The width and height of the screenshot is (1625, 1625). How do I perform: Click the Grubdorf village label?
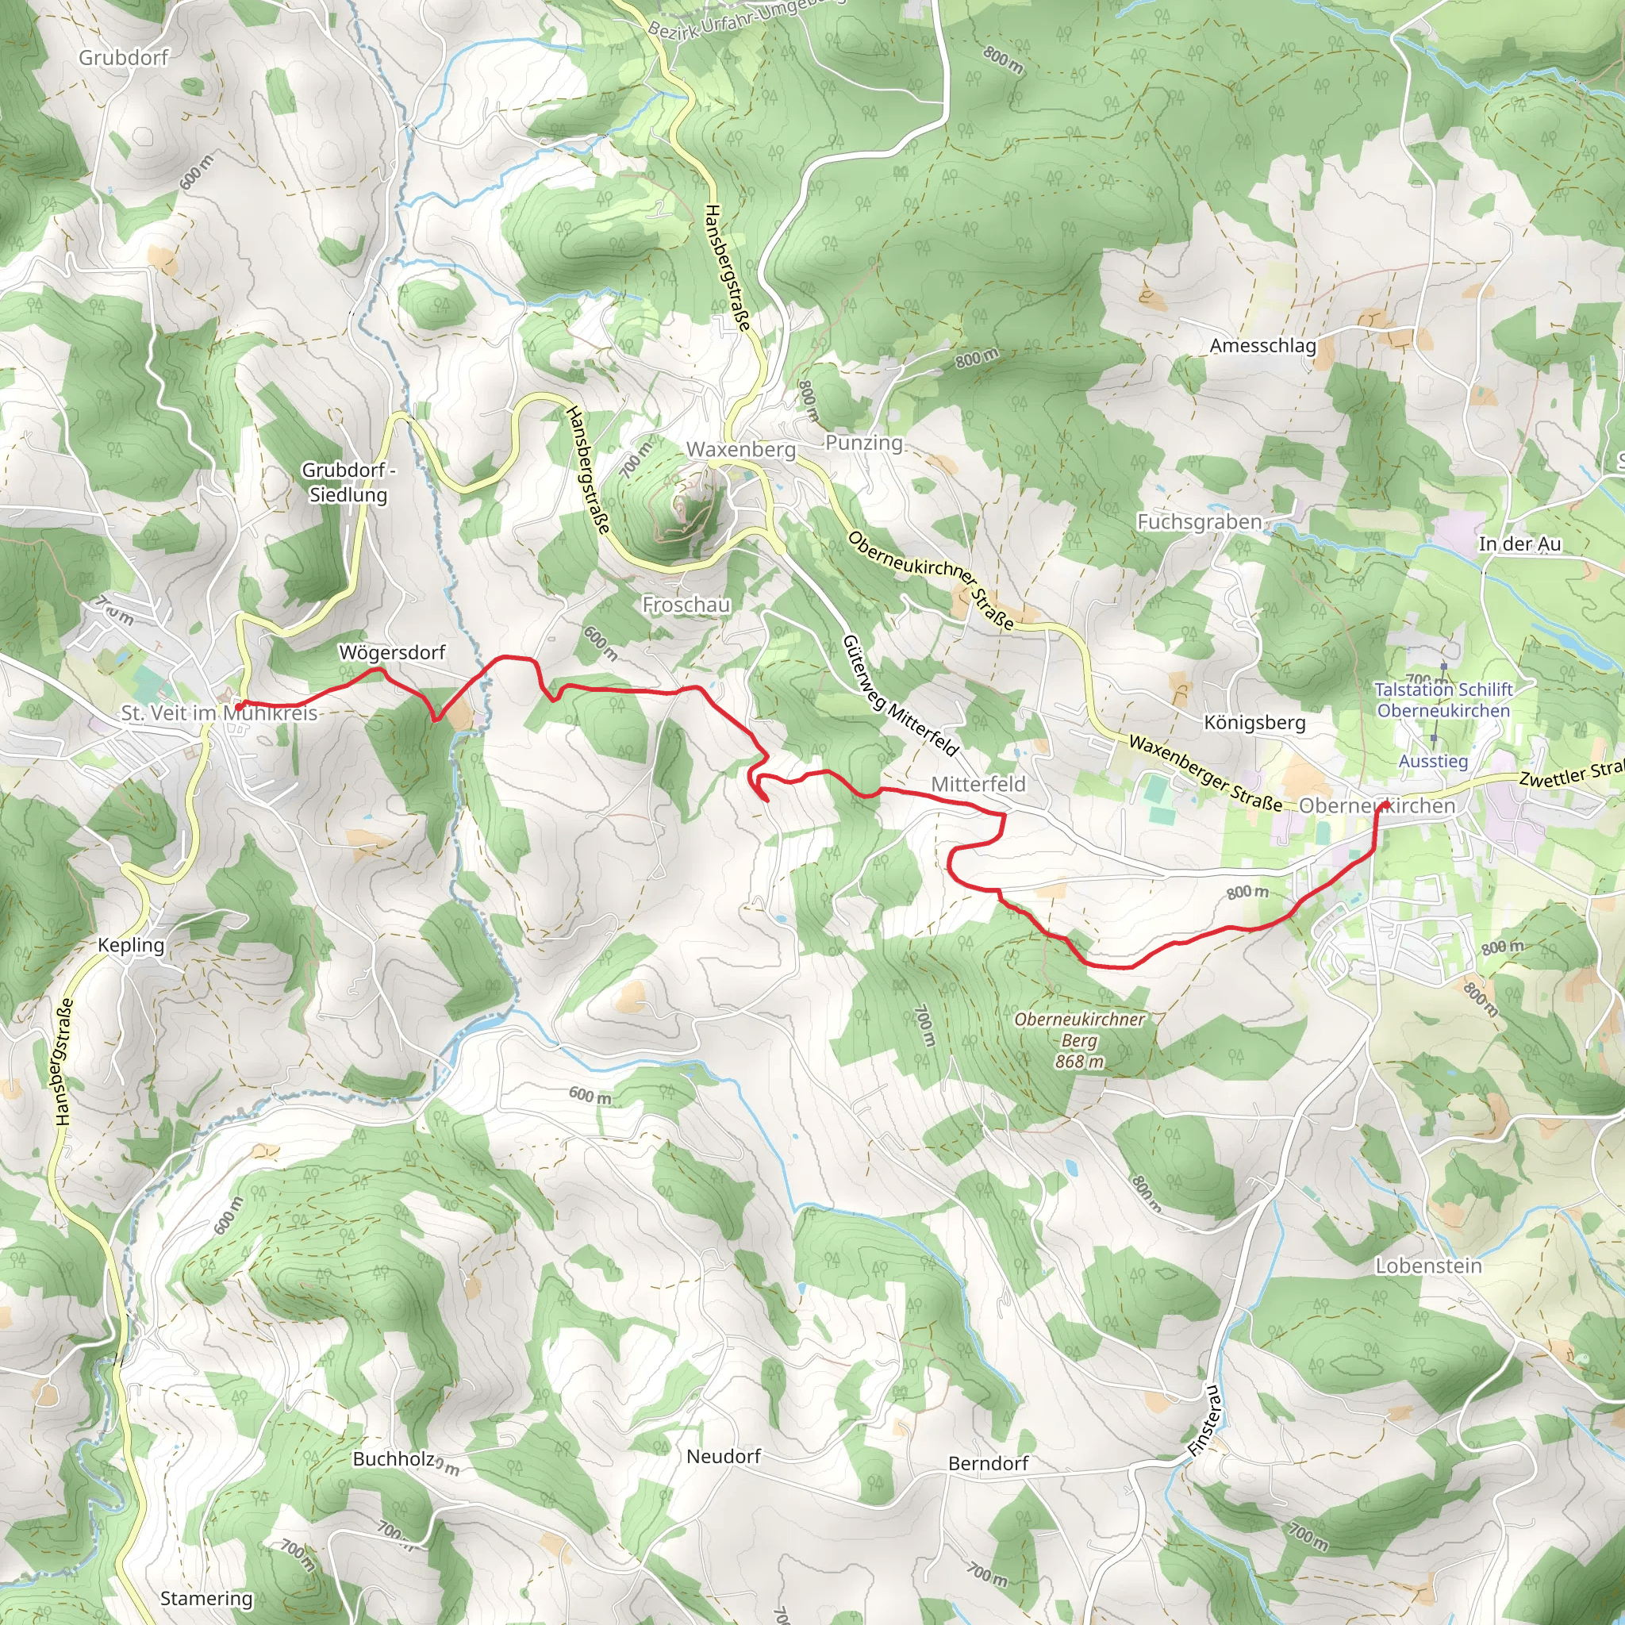124,57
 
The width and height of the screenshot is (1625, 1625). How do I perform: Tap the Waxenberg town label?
741,449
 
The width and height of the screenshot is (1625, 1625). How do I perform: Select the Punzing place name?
864,443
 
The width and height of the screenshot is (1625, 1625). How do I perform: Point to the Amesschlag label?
1262,346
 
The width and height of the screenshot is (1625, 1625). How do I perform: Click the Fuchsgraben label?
1200,522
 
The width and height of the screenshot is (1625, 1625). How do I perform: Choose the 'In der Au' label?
1519,544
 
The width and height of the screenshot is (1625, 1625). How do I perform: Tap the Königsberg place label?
1255,723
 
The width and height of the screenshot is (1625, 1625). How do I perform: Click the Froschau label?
686,605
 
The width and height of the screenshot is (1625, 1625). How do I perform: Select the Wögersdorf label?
392,652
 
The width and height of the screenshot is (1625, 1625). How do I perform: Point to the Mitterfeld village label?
978,784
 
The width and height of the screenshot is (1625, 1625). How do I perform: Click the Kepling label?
131,944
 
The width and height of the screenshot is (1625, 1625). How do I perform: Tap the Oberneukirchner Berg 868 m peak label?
1080,1040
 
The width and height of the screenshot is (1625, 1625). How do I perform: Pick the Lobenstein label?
1429,1266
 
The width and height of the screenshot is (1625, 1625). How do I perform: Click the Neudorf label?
724,1456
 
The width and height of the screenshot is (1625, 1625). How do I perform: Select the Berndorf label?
989,1463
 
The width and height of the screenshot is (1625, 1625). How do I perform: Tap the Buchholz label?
394,1458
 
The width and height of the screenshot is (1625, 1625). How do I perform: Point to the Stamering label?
206,1598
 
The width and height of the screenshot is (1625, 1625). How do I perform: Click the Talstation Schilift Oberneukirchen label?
1443,700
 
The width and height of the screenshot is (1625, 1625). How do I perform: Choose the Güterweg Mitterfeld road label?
900,696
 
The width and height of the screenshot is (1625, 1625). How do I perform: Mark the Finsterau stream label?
1205,1420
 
